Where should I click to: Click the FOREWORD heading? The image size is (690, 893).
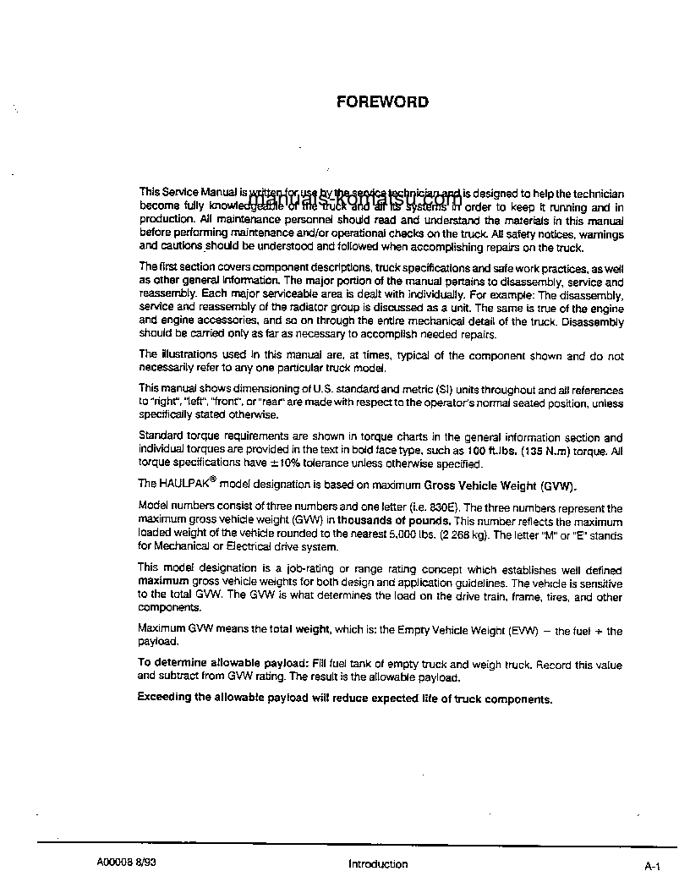click(382, 102)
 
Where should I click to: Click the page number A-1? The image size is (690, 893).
click(651, 866)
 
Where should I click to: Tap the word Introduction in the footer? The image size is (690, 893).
click(377, 863)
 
